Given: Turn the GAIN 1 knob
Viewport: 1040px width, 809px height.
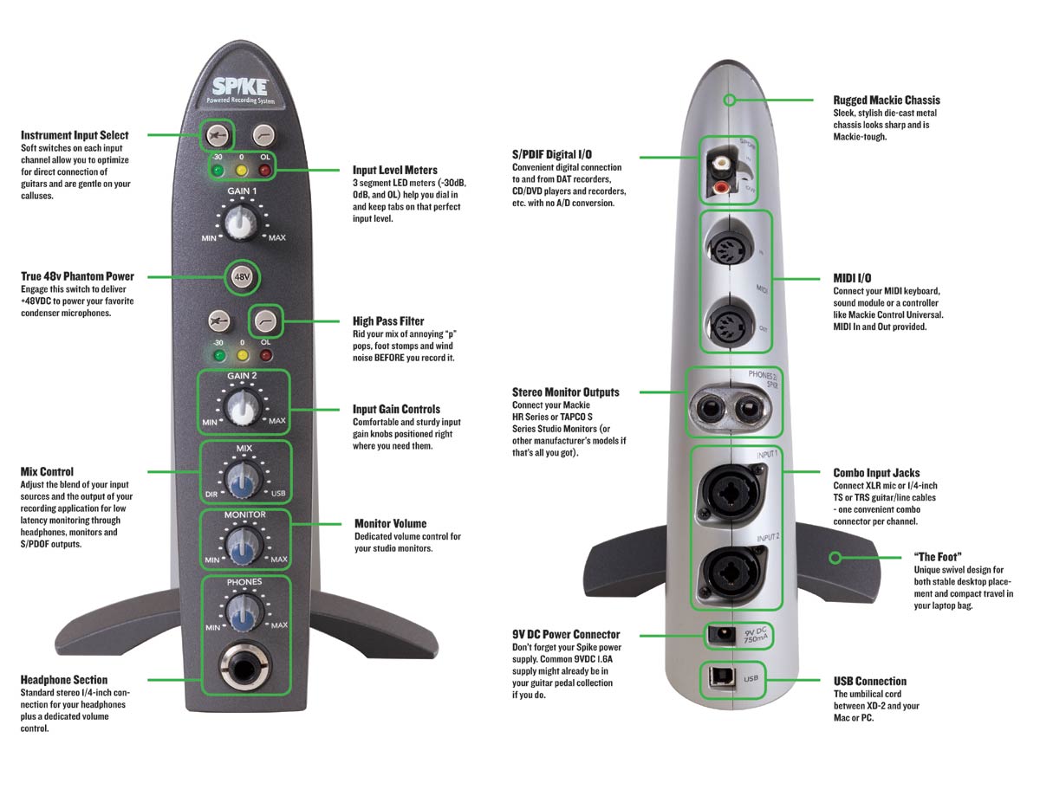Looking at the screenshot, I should coord(241,223).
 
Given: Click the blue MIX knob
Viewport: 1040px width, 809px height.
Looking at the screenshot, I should coord(243,476).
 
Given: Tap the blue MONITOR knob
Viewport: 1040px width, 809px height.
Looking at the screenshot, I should coord(243,543).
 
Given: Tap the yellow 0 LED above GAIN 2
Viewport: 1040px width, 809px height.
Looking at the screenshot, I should coord(242,354).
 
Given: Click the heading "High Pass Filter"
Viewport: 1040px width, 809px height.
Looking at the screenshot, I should coord(388,321).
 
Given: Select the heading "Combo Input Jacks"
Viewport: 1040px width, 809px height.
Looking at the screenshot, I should coord(876,473).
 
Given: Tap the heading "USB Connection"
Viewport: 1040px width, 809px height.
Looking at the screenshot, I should coord(870,681).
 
